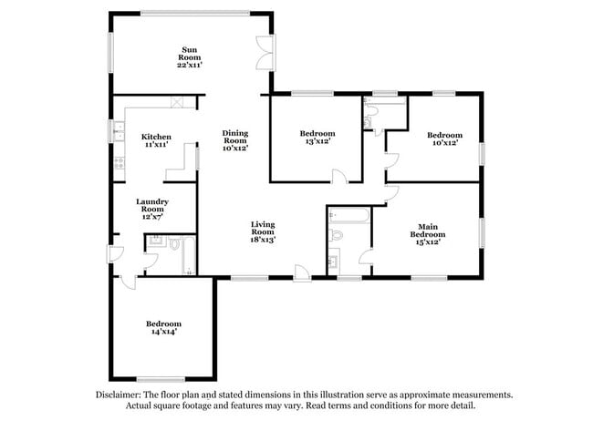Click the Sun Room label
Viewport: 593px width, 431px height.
[x=190, y=58]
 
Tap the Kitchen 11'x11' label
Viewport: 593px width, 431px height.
[x=156, y=141]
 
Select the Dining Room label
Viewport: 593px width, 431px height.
[x=235, y=140]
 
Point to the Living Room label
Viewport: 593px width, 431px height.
[x=264, y=231]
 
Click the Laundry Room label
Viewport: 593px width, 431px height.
[x=151, y=209]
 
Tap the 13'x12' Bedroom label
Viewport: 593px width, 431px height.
[x=317, y=138]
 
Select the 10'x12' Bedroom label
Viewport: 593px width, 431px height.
[x=445, y=139]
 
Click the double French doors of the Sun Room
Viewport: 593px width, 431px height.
[x=265, y=52]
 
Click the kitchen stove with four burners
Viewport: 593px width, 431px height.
[x=118, y=163]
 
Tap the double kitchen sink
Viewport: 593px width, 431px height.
[x=118, y=133]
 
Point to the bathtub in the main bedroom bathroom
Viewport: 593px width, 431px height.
[x=349, y=217]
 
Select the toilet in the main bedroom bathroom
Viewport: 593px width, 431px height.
[x=336, y=235]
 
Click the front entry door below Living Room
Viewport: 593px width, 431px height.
[x=300, y=271]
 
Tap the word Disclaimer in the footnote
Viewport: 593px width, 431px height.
[x=121, y=395]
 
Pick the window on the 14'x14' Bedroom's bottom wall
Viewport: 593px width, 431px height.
[x=162, y=379]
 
